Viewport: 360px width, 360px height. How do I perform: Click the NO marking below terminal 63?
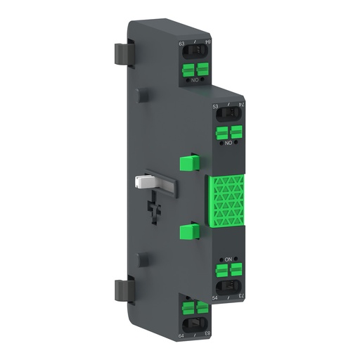click(195, 81)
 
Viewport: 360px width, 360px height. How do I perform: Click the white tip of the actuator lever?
click(141, 182)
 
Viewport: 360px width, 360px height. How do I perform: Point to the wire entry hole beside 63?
click(195, 53)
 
